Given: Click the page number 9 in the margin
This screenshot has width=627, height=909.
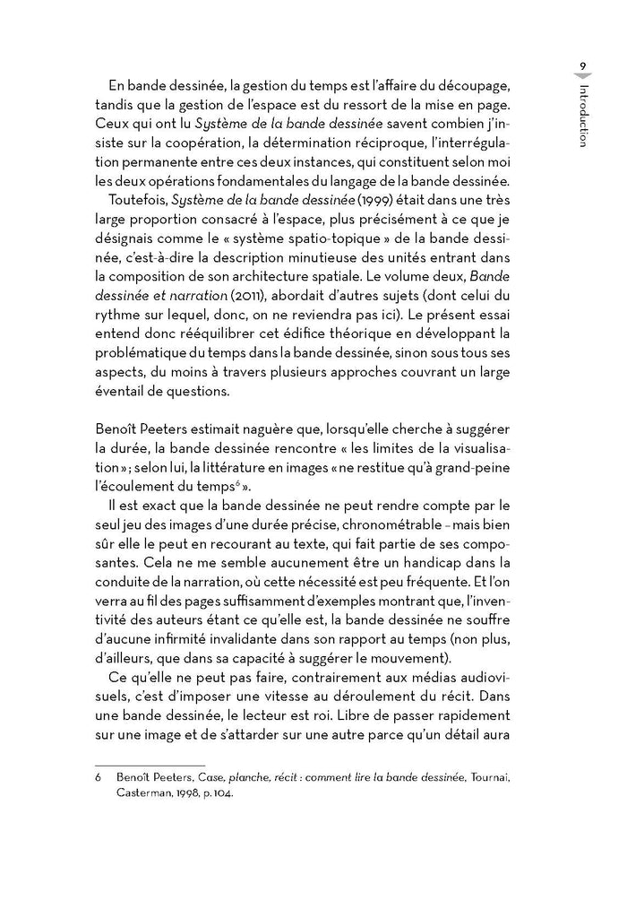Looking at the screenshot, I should pyautogui.click(x=582, y=65).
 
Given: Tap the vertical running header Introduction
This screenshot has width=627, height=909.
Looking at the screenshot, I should pyautogui.click(x=582, y=116).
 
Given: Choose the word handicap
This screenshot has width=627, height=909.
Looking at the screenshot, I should pyautogui.click(x=458, y=563).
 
